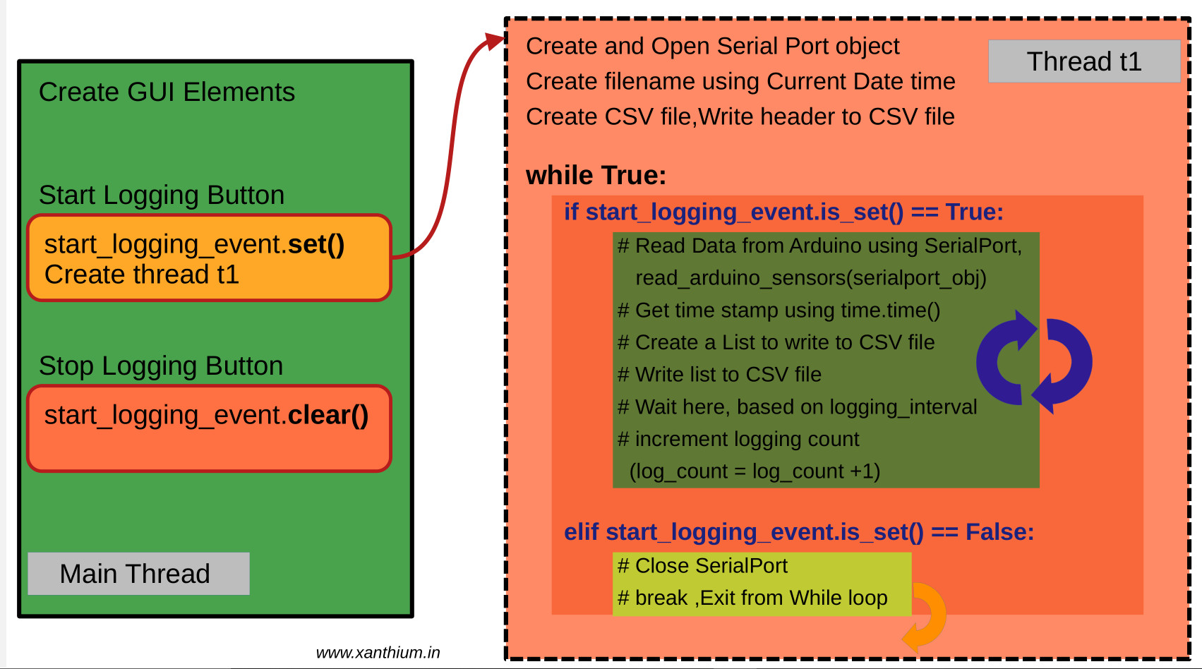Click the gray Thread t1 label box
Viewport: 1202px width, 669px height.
1083,61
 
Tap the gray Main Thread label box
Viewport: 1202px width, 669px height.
138,574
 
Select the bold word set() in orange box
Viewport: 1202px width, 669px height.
315,244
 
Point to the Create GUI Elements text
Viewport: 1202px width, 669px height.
167,92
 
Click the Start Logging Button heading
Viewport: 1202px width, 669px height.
162,195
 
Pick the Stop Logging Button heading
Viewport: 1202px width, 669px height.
161,366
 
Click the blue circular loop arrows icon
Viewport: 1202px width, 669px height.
1034,361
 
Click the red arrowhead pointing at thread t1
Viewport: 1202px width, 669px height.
494,42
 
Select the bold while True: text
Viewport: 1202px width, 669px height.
596,175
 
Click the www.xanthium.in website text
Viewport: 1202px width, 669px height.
378,653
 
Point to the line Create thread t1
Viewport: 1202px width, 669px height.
142,275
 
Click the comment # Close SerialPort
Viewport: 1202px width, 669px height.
702,566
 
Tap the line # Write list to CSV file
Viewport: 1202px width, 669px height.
719,375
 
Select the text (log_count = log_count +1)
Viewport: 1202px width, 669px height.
755,471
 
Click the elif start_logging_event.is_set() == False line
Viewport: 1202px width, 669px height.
798,532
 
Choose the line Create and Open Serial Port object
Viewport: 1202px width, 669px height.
712,47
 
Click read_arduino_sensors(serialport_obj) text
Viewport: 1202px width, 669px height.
810,278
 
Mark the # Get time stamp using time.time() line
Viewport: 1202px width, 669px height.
779,311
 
